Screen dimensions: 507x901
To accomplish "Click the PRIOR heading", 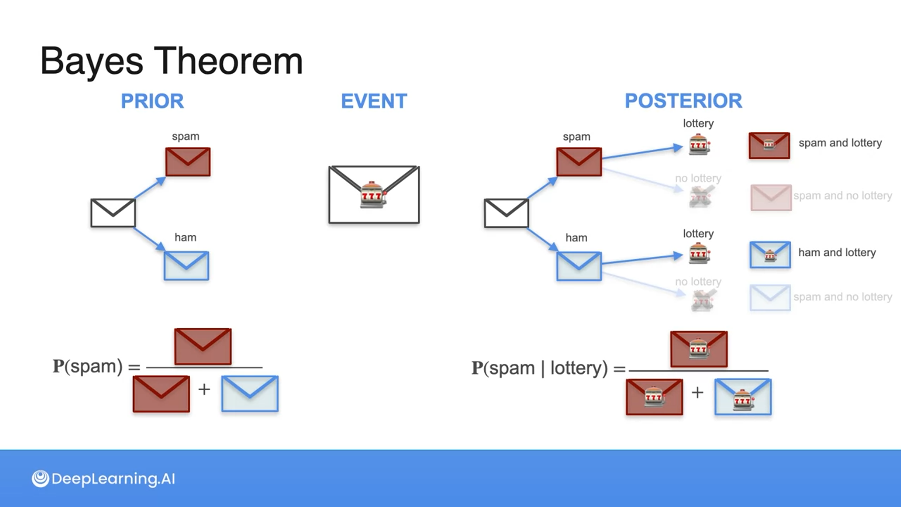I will (152, 101).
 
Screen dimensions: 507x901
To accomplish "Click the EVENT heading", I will (374, 101).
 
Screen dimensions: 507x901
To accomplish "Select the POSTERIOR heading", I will (683, 101).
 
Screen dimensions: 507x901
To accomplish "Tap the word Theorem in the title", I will (228, 61).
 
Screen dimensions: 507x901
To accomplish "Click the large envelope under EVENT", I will (374, 194).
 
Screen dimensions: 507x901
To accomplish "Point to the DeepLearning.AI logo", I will (103, 478).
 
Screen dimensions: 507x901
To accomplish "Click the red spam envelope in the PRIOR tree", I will (188, 162).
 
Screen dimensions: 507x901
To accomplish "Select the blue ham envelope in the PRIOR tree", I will (186, 266).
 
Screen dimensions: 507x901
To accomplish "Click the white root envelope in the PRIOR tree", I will (113, 213).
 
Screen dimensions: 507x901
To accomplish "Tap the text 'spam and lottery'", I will (840, 143).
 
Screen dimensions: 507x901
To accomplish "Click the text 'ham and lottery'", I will (837, 253).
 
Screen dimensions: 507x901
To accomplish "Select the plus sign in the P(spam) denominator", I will (204, 389).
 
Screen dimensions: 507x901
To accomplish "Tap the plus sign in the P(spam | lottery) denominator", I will (697, 392).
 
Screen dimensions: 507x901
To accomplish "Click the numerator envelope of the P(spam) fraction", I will (203, 346).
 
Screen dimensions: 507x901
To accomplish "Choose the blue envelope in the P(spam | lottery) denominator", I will (743, 397).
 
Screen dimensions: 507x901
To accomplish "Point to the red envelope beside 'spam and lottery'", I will (769, 146).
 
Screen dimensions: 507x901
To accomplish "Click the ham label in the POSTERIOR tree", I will (576, 238).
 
